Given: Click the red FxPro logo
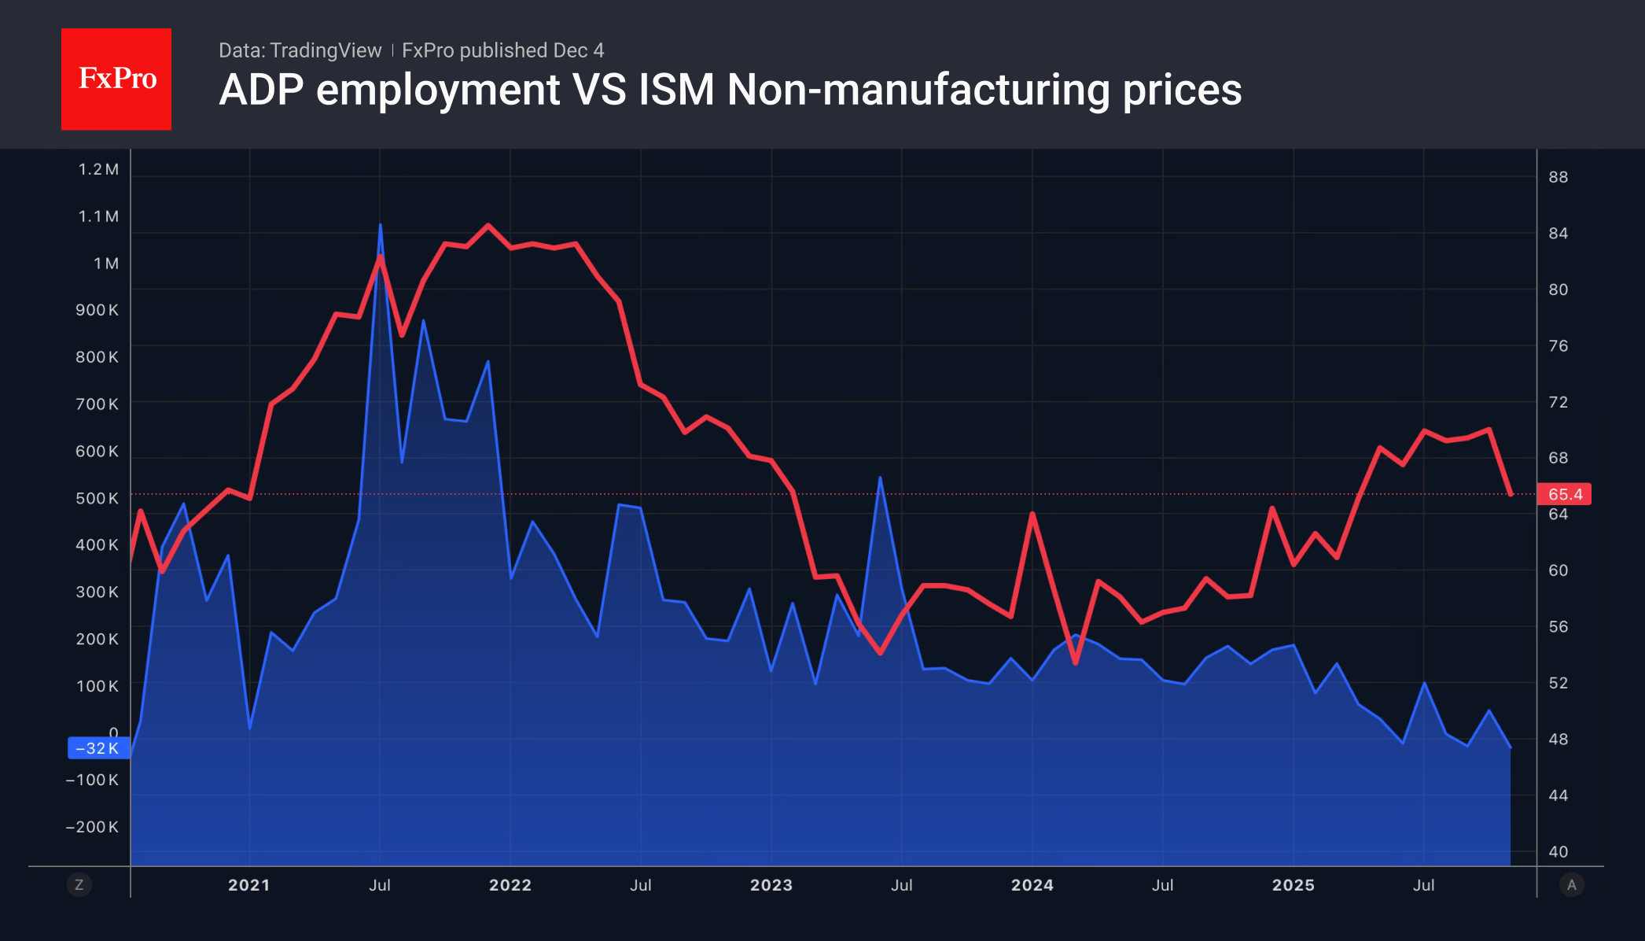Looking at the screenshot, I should pyautogui.click(x=116, y=79).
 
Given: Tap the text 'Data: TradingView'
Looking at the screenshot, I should pyautogui.click(x=300, y=50).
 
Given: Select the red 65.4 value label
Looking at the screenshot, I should pyautogui.click(x=1564, y=494).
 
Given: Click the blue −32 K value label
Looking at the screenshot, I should pyautogui.click(x=98, y=748).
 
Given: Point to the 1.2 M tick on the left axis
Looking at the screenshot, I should pyautogui.click(x=98, y=169).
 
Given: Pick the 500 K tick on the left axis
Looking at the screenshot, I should pyautogui.click(x=97, y=498).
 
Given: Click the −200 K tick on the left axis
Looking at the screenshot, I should pyautogui.click(x=92, y=827).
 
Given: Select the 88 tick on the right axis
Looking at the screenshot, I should pyautogui.click(x=1558, y=177).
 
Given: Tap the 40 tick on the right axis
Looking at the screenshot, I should pyautogui.click(x=1558, y=851).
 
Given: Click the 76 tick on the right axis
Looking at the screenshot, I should pyautogui.click(x=1558, y=345).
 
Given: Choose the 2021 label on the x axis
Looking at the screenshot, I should pyautogui.click(x=248, y=885).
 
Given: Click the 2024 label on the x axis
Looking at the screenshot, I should pyautogui.click(x=1032, y=885).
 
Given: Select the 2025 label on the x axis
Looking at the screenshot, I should pyautogui.click(x=1293, y=885).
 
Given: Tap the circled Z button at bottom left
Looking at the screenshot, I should pyautogui.click(x=79, y=885).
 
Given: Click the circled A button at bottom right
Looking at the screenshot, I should pyautogui.click(x=1571, y=885).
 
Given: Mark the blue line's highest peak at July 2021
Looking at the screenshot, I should pyautogui.click(x=381, y=226).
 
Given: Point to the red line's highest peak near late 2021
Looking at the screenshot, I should pyautogui.click(x=488, y=225).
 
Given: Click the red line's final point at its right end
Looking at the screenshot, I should pyautogui.click(x=1511, y=494).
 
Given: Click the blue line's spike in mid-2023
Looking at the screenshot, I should pyautogui.click(x=880, y=478).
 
